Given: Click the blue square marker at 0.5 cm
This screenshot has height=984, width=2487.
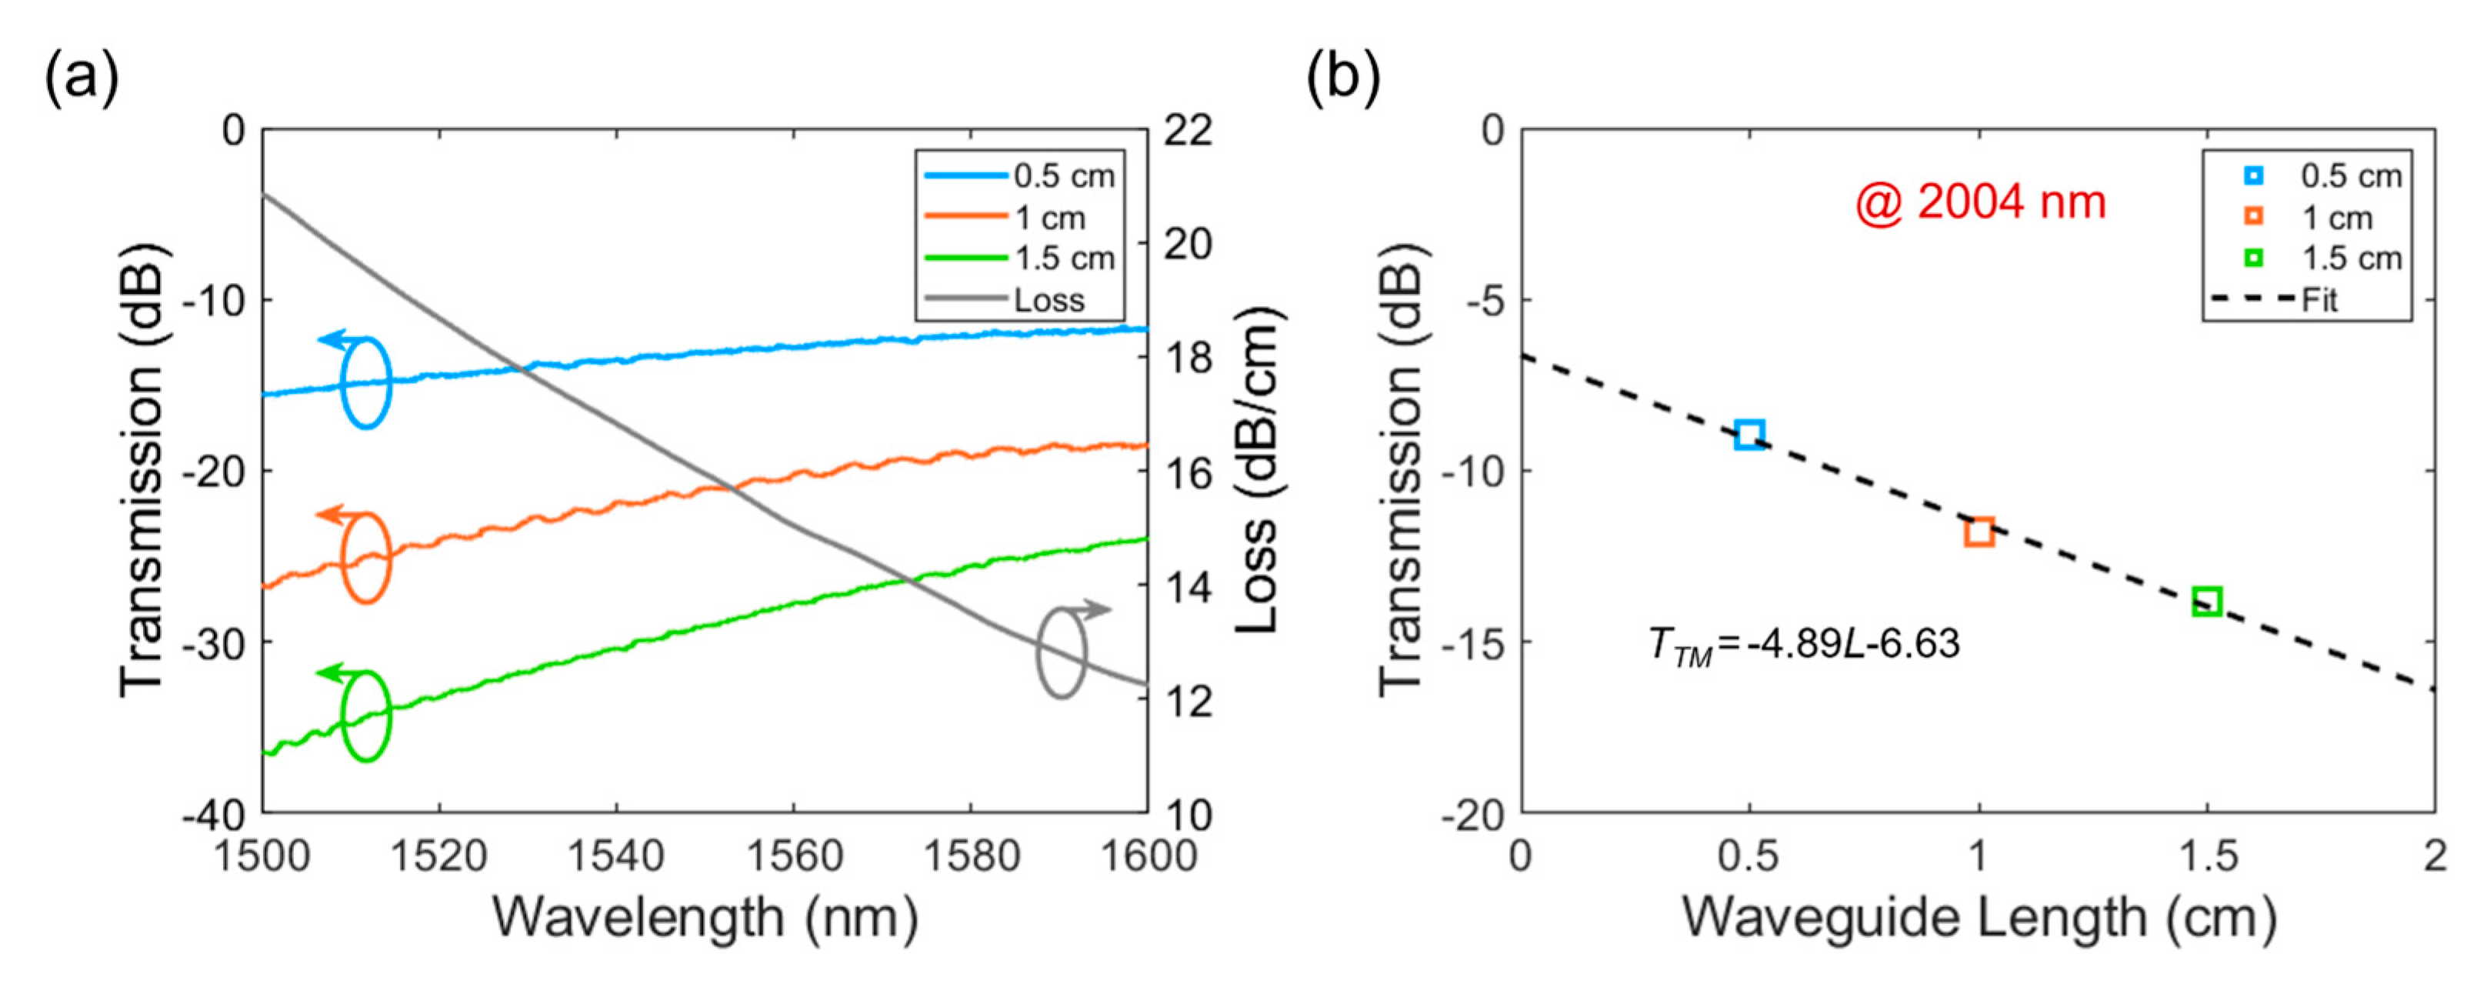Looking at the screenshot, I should (x=1749, y=435).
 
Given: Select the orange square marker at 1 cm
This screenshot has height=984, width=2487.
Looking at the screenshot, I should (x=1979, y=531).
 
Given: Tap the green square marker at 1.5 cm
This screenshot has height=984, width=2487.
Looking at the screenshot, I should (x=2207, y=602).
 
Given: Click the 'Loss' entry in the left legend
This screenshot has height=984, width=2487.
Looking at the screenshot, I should (x=1048, y=300).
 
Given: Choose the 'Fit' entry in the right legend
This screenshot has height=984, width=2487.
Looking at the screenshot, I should (x=2319, y=300).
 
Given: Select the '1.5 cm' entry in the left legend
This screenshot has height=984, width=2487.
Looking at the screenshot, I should (x=1064, y=259).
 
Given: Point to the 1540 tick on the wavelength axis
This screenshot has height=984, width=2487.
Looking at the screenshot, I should (x=616, y=856).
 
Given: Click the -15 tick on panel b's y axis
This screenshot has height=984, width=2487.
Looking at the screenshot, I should (x=1472, y=642).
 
